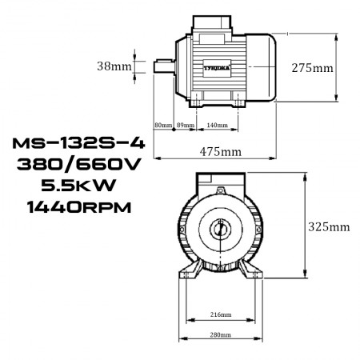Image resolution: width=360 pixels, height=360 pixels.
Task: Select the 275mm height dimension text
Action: pyautogui.click(x=313, y=68)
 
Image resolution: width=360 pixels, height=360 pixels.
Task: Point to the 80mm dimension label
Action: pyautogui.click(x=163, y=126)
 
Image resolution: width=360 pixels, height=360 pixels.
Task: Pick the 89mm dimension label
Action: pyautogui.click(x=186, y=126)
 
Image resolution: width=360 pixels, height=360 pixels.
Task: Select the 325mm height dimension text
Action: pyautogui.click(x=329, y=226)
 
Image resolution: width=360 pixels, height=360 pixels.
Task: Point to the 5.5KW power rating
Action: pyautogui.click(x=71, y=186)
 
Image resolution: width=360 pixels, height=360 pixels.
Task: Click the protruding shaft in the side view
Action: pyautogui.click(x=161, y=66)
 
